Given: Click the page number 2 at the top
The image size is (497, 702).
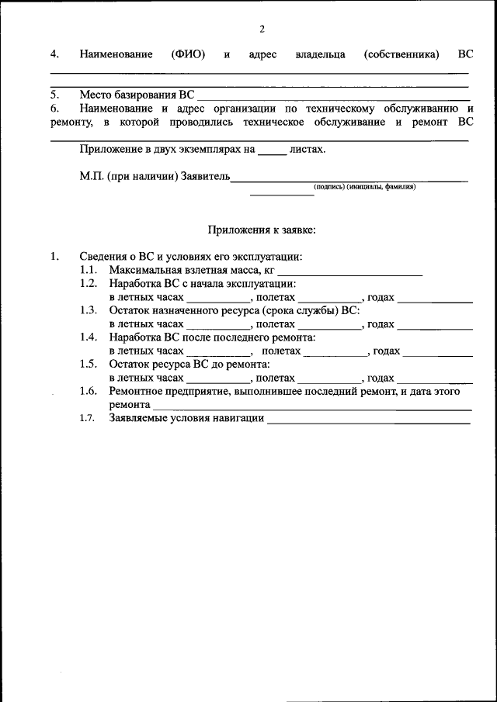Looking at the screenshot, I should [x=262, y=29].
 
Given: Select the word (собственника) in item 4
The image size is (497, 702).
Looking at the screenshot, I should [x=400, y=55].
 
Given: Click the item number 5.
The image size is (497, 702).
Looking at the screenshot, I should [x=55, y=95].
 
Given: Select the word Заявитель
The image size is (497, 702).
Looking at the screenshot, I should [x=206, y=177].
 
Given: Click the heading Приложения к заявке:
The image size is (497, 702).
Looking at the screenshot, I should [x=261, y=230].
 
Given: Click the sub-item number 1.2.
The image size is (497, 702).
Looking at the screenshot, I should [x=88, y=284].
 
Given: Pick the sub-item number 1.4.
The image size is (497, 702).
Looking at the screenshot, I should [x=88, y=337].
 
